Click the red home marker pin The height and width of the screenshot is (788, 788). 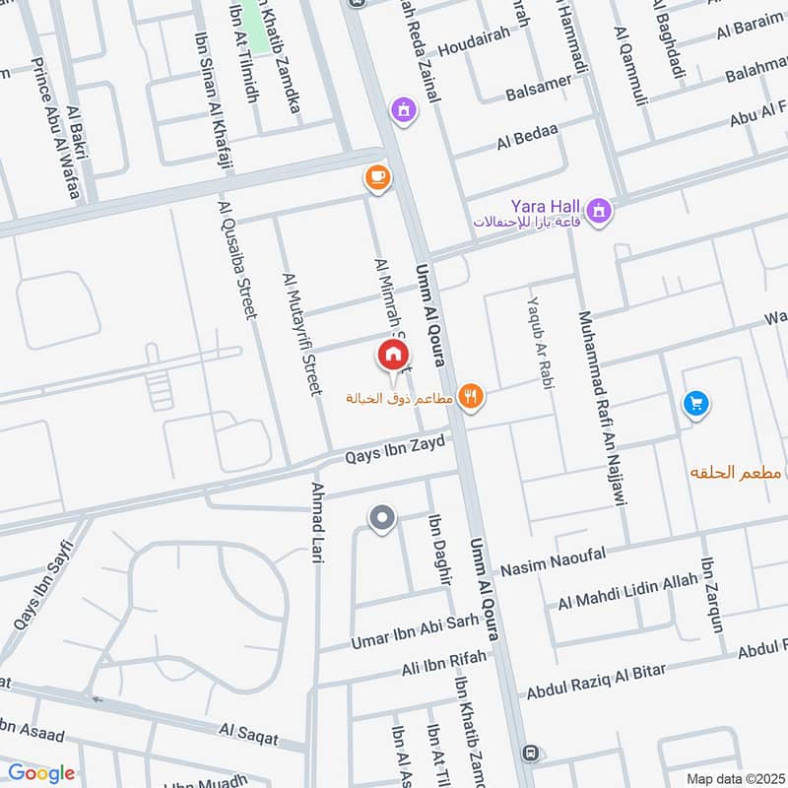tap(391, 355)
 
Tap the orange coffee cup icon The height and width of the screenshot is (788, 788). tap(376, 177)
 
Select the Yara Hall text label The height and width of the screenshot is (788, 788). tap(543, 207)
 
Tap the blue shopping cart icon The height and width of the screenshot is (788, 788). tap(695, 404)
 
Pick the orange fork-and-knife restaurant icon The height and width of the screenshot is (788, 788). tap(472, 396)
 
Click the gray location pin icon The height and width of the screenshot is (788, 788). tap(381, 517)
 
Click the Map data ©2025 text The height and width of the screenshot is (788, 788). tap(734, 778)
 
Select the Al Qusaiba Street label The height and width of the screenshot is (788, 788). tap(238, 258)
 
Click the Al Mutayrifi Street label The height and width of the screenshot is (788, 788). tap(302, 335)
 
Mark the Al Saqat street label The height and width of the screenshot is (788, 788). tap(248, 733)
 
